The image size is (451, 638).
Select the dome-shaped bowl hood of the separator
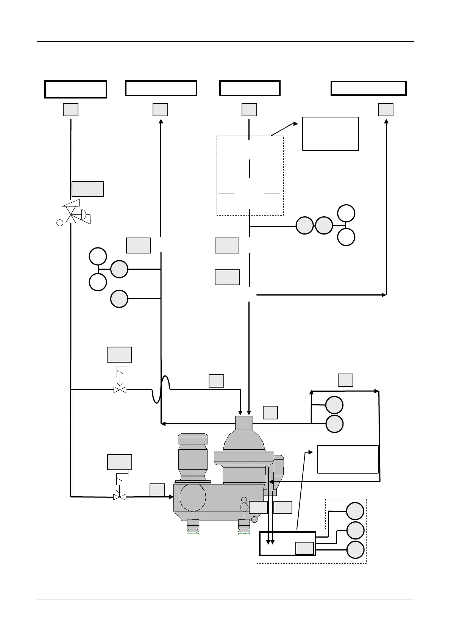(243, 439)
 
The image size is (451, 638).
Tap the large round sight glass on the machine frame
(193, 497)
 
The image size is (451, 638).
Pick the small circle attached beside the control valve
(59, 223)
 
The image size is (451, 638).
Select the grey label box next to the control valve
(87, 189)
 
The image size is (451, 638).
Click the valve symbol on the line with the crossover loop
(120, 389)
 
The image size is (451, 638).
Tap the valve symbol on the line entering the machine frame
(120, 497)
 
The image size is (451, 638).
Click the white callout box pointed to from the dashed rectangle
(330, 134)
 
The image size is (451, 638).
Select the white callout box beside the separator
(348, 459)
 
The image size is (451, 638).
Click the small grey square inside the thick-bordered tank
(304, 548)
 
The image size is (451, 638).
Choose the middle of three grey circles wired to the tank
(356, 530)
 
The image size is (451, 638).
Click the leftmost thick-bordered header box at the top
(76, 89)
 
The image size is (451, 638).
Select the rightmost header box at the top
(368, 88)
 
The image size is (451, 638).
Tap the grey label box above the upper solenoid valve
(119, 355)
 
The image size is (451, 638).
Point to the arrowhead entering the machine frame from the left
(171, 497)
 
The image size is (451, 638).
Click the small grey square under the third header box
(249, 109)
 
